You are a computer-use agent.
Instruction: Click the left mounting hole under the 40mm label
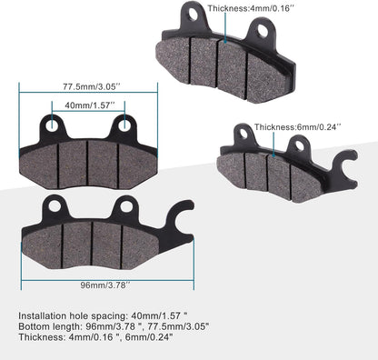pyautogui.click(x=52, y=126)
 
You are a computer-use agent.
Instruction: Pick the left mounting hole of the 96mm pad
pyautogui.click(x=54, y=206)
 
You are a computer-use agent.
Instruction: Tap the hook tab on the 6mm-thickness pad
pyautogui.click(x=339, y=167)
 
